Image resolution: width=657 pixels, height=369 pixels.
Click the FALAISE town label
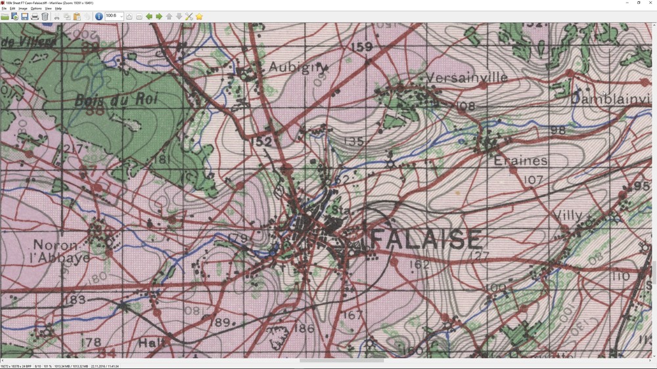pyautogui.click(x=426, y=240)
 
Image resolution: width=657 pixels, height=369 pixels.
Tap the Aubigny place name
pyautogui.click(x=298, y=67)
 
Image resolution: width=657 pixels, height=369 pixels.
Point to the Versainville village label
pyautogui.click(x=467, y=77)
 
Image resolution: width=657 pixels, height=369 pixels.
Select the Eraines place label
pyautogui.click(x=520, y=161)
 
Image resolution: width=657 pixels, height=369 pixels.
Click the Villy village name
pyautogui.click(x=568, y=215)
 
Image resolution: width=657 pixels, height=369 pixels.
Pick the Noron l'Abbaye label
pyautogui.click(x=62, y=251)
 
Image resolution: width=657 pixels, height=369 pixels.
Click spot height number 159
pyautogui.click(x=362, y=47)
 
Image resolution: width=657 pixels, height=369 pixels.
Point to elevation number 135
pyautogui.click(x=353, y=141)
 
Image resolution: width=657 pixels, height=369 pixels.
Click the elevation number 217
pyautogui.click(x=74, y=149)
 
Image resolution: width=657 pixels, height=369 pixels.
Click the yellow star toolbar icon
pyautogui.click(x=199, y=16)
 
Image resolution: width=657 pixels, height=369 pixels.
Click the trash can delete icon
pyautogui.click(x=45, y=16)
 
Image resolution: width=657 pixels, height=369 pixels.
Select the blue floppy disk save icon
pyautogui.click(x=24, y=16)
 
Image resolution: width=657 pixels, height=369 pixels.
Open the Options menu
pyautogui.click(x=36, y=9)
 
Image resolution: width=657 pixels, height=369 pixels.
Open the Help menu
pyautogui.click(x=58, y=9)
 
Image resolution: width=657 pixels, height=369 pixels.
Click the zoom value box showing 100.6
pyautogui.click(x=111, y=16)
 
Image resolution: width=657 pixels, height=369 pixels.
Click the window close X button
pyautogui.click(x=649, y=3)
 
